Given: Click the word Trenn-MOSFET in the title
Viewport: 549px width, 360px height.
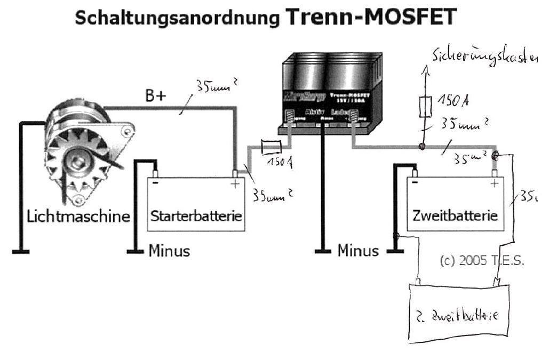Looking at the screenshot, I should tap(371, 17).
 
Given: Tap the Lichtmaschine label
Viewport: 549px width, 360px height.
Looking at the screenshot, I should tap(79, 217).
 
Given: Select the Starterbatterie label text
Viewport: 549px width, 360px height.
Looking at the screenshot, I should tap(196, 217).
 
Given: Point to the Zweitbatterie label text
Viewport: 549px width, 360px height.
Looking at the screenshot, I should tap(455, 217).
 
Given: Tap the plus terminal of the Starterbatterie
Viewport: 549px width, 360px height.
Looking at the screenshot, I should tap(235, 174).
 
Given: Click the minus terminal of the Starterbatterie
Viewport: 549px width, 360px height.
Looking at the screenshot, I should tap(155, 173).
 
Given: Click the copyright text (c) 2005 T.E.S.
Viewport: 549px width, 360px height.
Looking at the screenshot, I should tap(482, 261).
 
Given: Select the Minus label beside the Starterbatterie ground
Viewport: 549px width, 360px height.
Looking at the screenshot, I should tap(169, 251).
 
